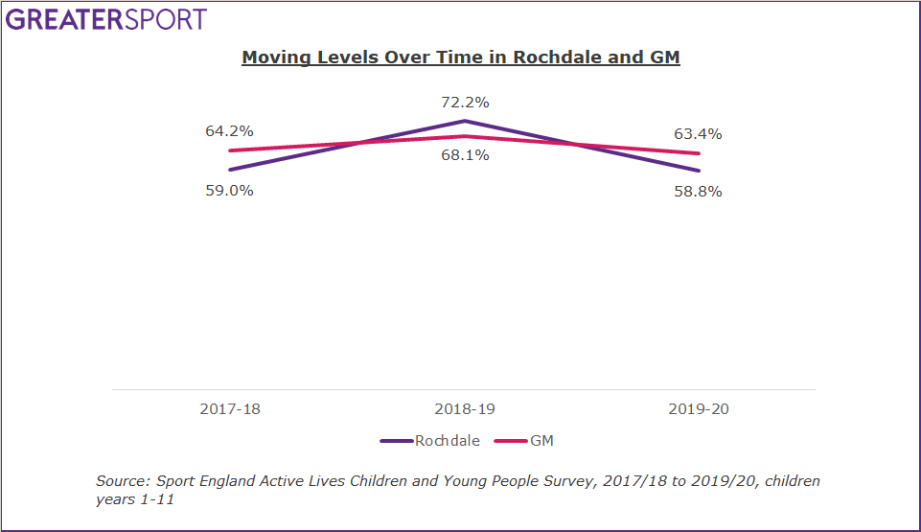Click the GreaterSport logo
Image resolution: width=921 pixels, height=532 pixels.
coord(106,19)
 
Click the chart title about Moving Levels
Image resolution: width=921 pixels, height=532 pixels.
coord(460,58)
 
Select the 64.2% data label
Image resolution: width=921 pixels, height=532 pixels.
coord(229,131)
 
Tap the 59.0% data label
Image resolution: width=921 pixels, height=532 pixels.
coord(229,190)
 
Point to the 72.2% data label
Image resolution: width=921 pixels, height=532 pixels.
coord(465,103)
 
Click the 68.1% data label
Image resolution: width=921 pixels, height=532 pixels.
coord(465,155)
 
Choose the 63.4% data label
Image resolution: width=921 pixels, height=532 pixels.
coord(698,134)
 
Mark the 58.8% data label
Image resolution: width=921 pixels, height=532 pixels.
coord(698,192)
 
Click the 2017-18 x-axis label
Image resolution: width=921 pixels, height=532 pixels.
coord(230,408)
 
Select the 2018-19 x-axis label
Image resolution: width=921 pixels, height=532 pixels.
coord(465,408)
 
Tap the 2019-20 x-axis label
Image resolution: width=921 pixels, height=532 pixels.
coord(699,408)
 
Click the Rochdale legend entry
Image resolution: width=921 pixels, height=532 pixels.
coord(443,441)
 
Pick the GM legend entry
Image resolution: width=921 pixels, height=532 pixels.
coord(541,441)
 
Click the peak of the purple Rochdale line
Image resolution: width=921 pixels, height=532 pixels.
coord(465,121)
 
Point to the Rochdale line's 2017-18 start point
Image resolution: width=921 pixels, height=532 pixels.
coord(230,170)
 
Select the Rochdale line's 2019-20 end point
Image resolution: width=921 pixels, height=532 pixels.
coord(699,171)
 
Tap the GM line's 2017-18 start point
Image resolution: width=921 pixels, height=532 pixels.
coord(230,150)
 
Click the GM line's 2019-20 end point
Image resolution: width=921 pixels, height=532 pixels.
coord(699,153)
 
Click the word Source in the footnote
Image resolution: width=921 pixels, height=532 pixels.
coord(121,481)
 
